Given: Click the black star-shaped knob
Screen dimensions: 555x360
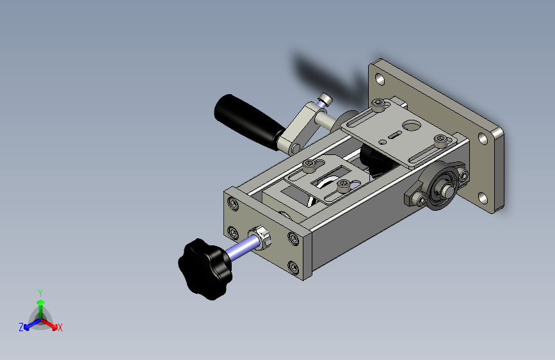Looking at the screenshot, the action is tap(205, 268).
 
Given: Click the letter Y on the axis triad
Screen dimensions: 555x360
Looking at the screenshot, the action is tap(40, 293).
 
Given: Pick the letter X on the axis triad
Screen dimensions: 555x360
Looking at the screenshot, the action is tap(60, 328).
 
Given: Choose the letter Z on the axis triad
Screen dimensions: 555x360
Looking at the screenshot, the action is tap(21, 327).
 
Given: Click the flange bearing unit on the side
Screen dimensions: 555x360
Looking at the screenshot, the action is tap(437, 186).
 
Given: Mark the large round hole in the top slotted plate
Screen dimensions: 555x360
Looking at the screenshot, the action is tap(412, 125).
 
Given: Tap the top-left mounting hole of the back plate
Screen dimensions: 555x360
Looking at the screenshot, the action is tap(380, 79).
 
